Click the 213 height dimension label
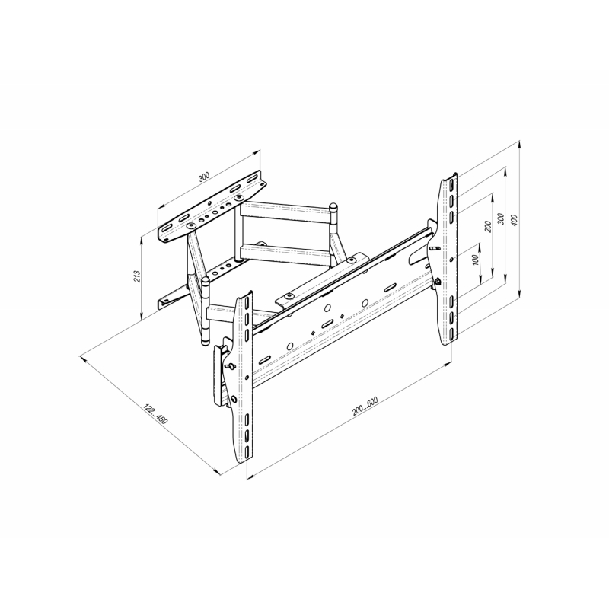pos(137,276)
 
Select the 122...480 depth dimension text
pos(156,414)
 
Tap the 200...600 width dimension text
pos(365,407)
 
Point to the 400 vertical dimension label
pos(514,221)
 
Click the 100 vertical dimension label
pos(475,260)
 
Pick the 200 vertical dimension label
pos(488,226)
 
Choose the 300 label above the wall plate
pos(203,177)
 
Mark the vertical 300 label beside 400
pos(501,218)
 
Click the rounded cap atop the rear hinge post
pos(333,206)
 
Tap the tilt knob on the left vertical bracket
pos(230,365)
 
